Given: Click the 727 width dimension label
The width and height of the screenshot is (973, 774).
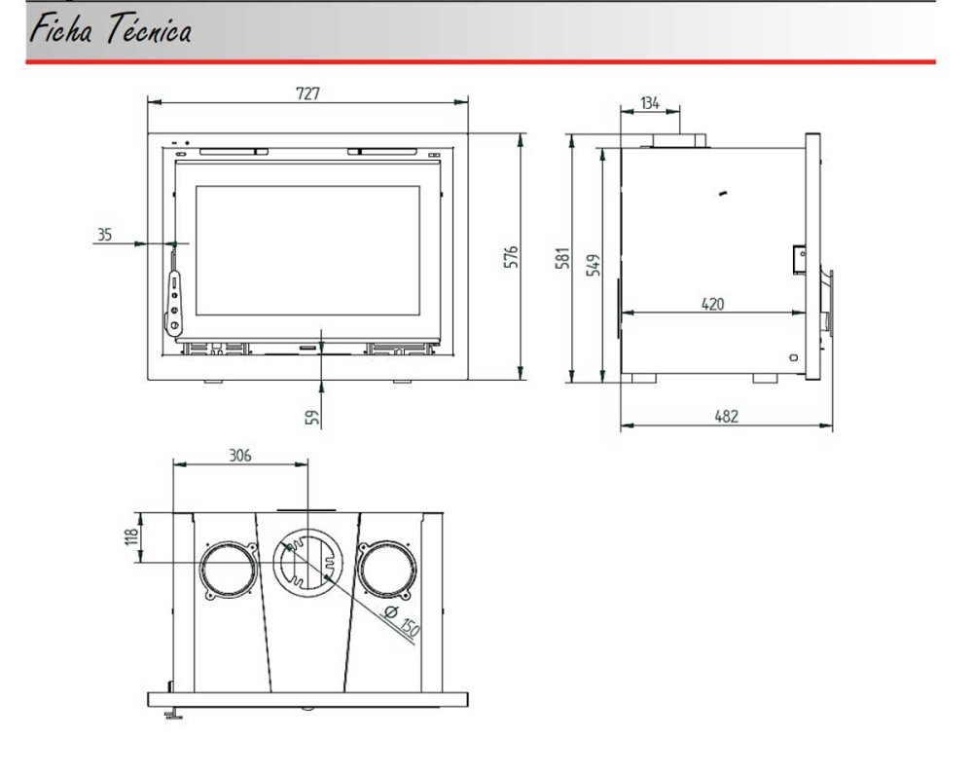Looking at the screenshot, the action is tap(307, 93).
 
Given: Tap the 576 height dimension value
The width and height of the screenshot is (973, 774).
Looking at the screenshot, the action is tap(511, 257).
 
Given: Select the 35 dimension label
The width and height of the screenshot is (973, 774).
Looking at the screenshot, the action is tap(104, 235).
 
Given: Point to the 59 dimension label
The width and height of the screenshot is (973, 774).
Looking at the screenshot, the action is tap(314, 417).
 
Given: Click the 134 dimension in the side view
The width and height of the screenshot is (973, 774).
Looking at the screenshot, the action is tap(650, 103).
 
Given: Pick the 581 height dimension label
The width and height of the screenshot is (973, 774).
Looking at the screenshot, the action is tap(562, 258).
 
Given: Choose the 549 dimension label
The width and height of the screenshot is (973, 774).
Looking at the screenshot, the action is tap(594, 265).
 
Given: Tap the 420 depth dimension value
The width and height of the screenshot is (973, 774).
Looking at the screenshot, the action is tap(712, 304).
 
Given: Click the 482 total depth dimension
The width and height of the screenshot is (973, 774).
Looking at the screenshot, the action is tap(726, 416).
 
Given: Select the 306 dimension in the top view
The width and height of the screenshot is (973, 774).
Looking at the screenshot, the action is tap(240, 456).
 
